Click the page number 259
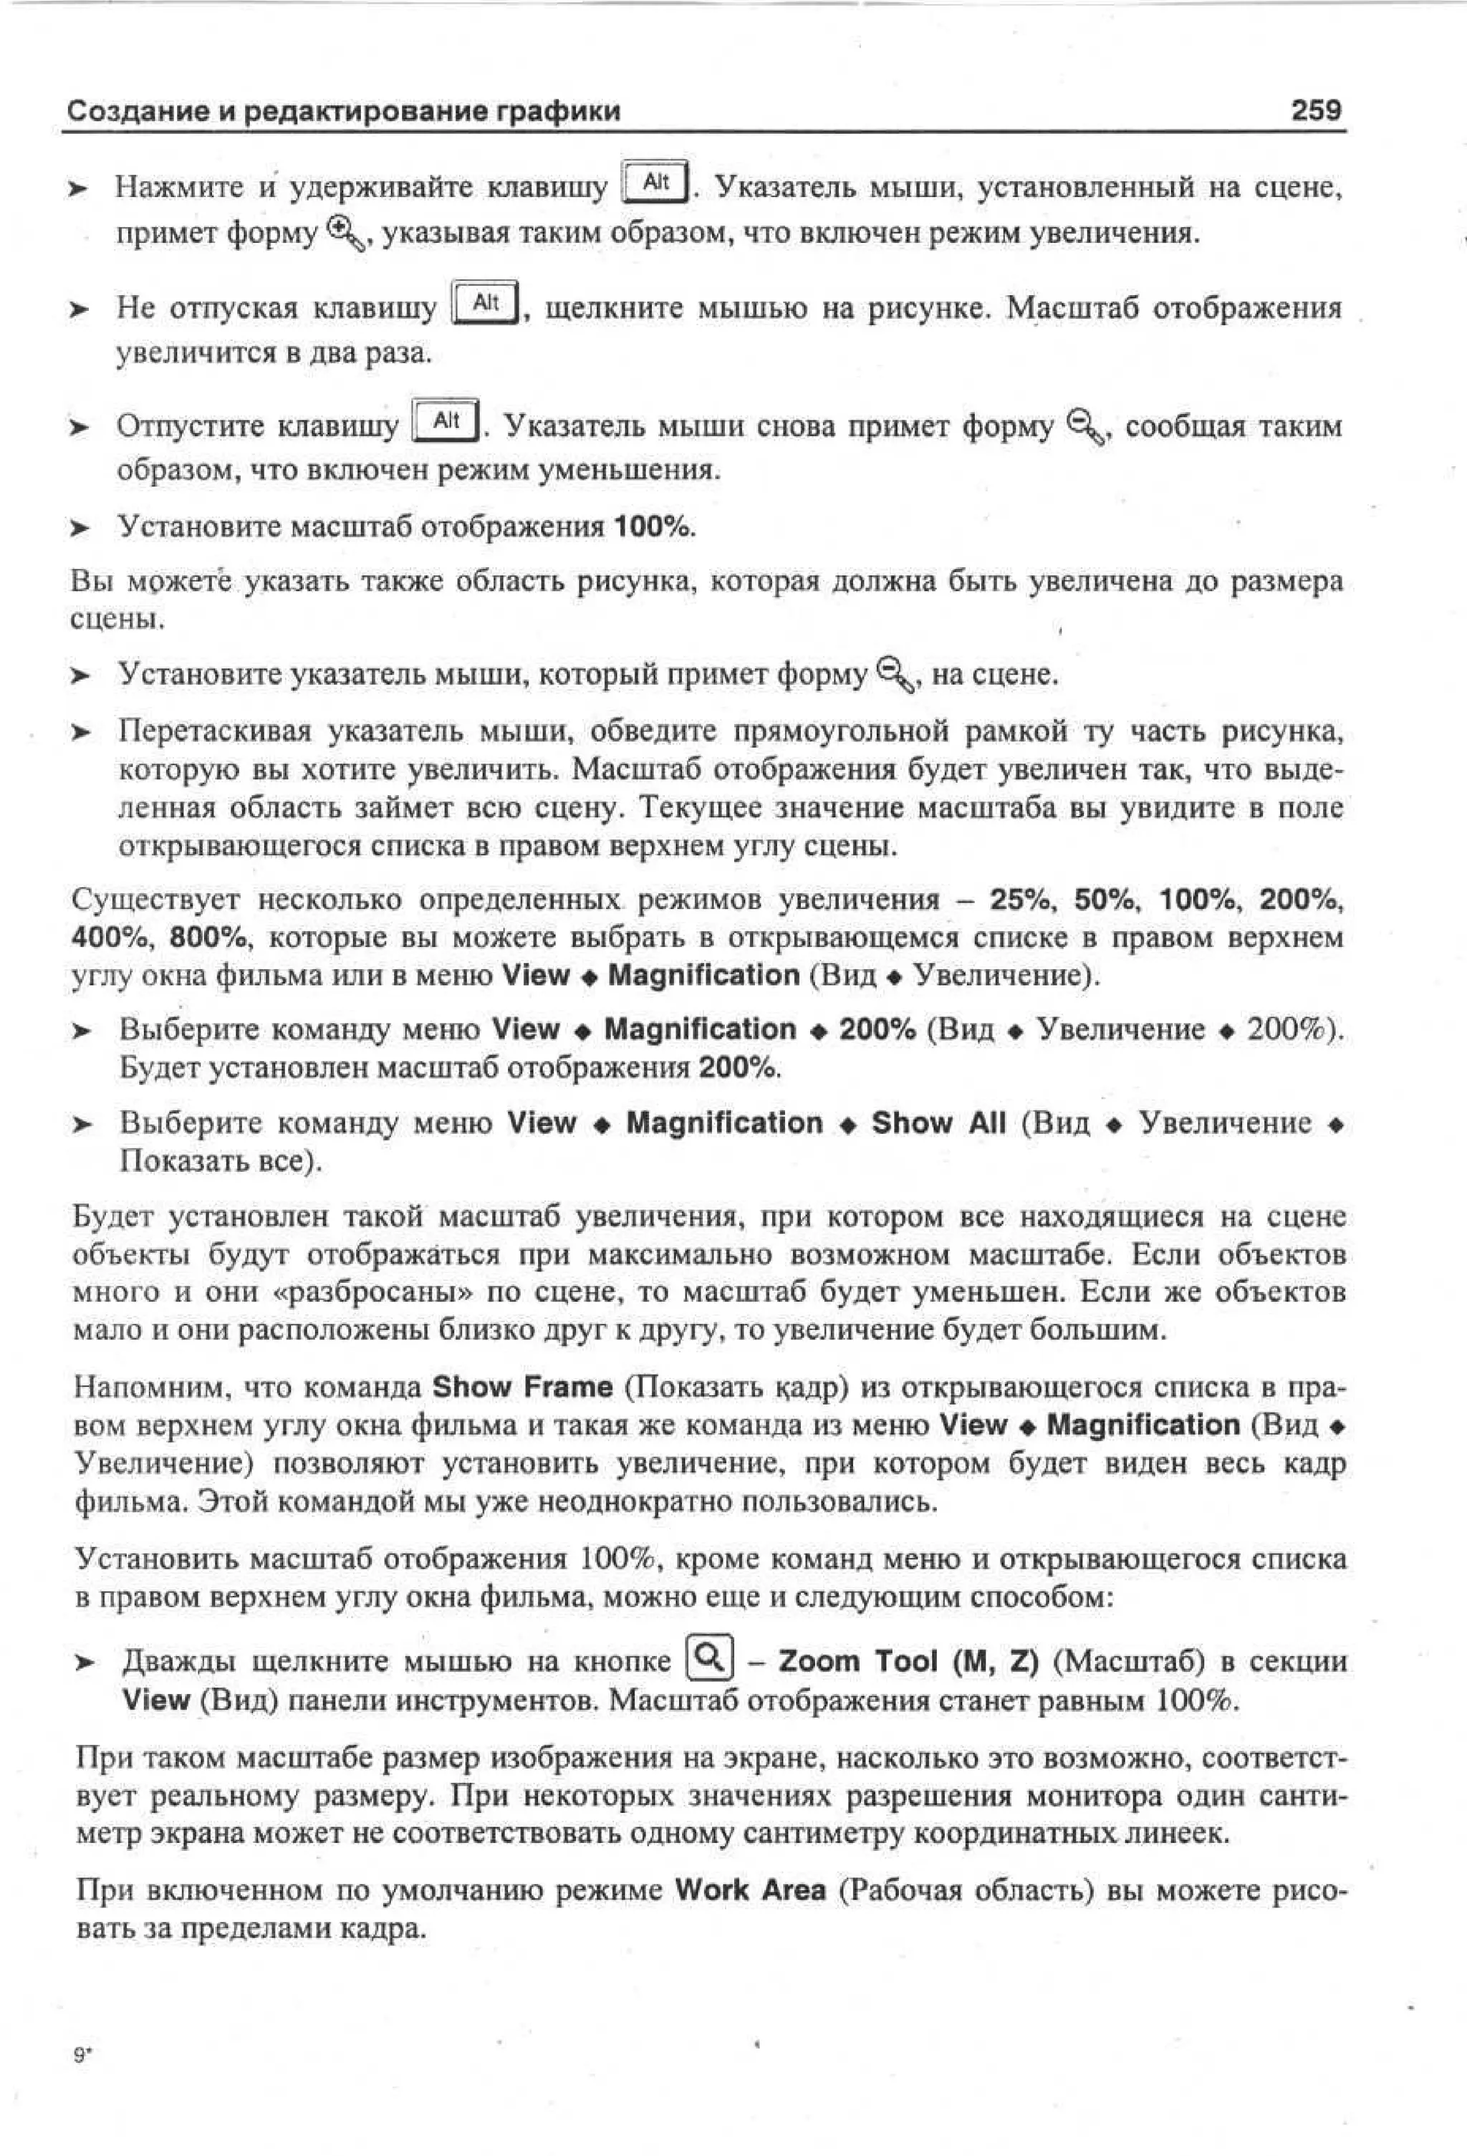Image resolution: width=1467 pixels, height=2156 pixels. (x=1315, y=110)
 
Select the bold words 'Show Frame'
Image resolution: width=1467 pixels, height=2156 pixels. (x=522, y=1387)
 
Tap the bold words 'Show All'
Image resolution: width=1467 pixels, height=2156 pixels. (x=938, y=1122)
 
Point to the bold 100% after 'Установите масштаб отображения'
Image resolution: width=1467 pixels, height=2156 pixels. (x=654, y=527)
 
